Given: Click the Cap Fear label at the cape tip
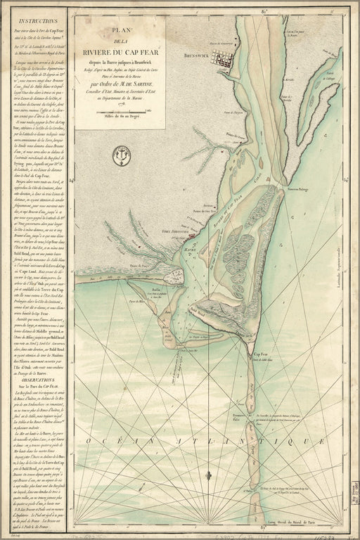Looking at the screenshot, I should tap(261, 355).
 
